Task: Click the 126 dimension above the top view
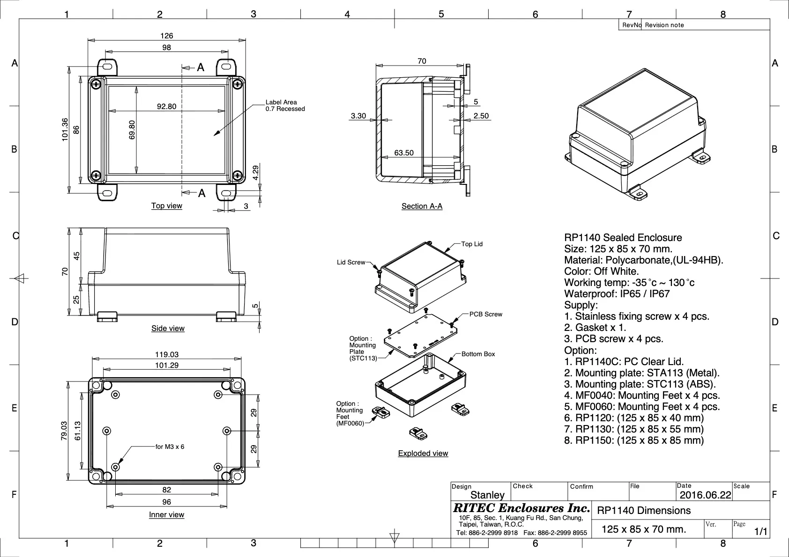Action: [x=166, y=36]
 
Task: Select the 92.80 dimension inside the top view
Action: [x=166, y=106]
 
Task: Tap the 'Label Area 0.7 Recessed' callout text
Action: [x=285, y=105]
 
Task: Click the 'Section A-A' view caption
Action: [x=422, y=206]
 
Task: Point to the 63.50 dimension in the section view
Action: [x=403, y=153]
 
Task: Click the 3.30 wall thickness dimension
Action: [x=358, y=116]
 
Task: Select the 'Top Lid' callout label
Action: [x=471, y=244]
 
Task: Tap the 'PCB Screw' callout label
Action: [x=485, y=314]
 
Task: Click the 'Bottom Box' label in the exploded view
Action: [x=478, y=354]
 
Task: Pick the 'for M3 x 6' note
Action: [x=170, y=447]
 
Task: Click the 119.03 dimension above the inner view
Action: [x=166, y=354]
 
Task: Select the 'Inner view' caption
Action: [x=166, y=514]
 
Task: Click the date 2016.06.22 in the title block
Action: [x=705, y=495]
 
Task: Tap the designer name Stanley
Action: [x=487, y=495]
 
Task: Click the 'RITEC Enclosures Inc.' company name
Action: [x=521, y=508]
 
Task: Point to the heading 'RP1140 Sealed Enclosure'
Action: [x=623, y=237]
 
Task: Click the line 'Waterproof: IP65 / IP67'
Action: [x=617, y=293]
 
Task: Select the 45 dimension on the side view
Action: [x=76, y=256]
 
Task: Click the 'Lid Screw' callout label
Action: [x=350, y=262]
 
